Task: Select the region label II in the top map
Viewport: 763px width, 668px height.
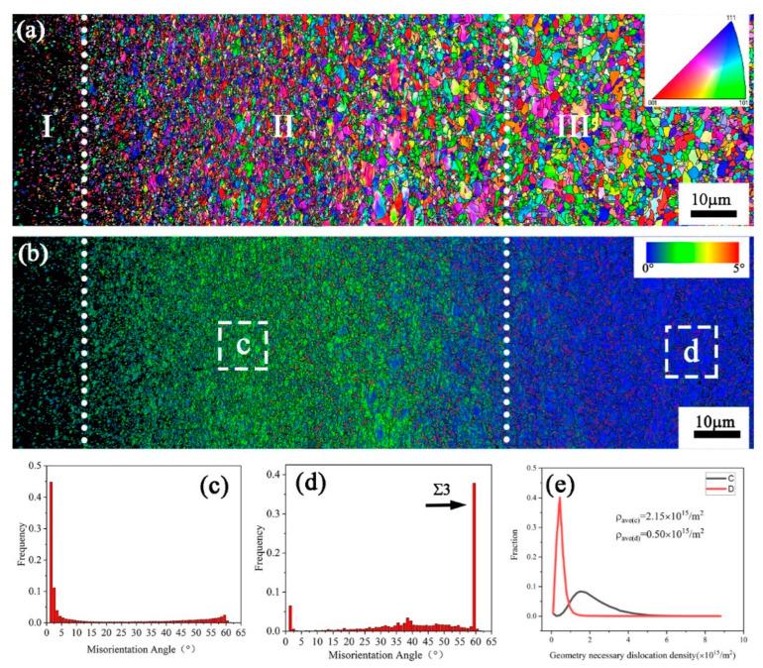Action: point(282,126)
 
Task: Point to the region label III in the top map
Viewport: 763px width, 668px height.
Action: point(573,126)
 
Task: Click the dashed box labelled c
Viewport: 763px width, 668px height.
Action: point(243,345)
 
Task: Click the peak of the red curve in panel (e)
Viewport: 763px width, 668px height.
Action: point(560,500)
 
